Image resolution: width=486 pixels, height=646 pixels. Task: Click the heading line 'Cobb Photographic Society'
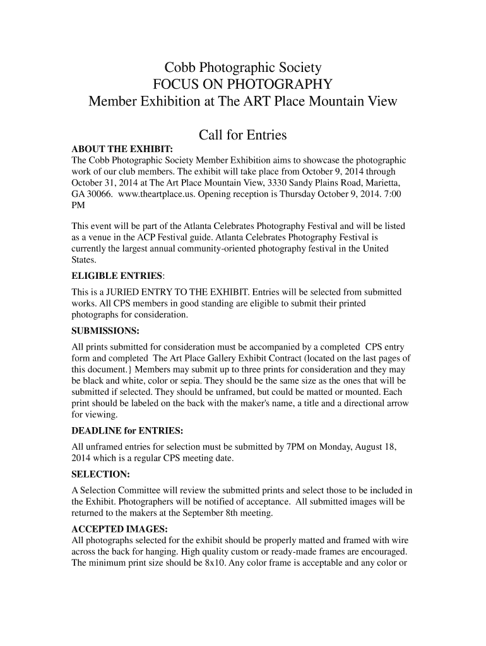243,68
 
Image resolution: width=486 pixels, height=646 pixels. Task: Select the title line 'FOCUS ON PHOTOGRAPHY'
243,85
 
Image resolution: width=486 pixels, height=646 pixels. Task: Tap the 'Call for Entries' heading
243,135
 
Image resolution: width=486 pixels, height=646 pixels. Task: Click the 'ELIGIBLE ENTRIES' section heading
117,276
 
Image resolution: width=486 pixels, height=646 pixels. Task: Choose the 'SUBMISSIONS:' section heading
105,331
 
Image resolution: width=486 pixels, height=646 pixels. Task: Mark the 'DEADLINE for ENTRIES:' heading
128,431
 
